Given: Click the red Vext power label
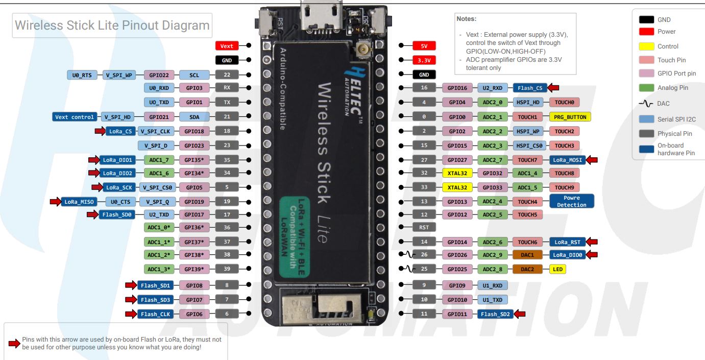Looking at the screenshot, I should [x=227, y=46].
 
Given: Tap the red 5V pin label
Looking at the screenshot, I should [x=424, y=46].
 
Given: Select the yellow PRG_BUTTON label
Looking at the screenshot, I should [x=570, y=117].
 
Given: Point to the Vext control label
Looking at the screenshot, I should [x=76, y=117].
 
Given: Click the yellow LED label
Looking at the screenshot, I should [x=558, y=269].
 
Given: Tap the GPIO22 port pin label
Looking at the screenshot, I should [x=159, y=75].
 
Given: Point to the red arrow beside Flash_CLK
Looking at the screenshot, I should [x=130, y=314].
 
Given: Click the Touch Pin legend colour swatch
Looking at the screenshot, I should [x=647, y=60].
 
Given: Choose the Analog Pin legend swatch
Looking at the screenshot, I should [x=647, y=88].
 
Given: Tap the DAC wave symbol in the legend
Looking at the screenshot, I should [x=646, y=103].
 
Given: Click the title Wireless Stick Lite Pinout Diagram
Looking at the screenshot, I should [x=112, y=26].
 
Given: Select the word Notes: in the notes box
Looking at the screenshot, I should [x=467, y=19].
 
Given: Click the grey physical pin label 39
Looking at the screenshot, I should [x=227, y=269].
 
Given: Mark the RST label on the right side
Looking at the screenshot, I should [x=424, y=227].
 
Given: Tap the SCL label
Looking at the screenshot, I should [x=194, y=75].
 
